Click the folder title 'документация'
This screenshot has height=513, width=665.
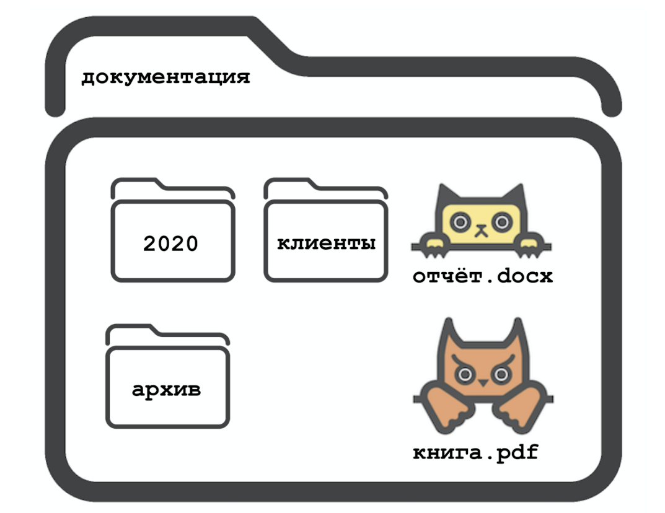[165, 78]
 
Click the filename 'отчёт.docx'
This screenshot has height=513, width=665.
[482, 276]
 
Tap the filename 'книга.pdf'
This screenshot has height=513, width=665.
[475, 453]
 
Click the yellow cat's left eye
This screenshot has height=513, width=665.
[460, 220]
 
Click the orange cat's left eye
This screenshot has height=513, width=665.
[465, 373]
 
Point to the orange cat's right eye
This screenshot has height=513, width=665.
[500, 373]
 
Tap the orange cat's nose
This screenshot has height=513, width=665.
[482, 384]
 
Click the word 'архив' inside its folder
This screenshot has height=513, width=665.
[167, 390]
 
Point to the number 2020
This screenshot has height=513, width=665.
[170, 243]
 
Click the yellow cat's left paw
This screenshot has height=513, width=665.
[432, 243]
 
